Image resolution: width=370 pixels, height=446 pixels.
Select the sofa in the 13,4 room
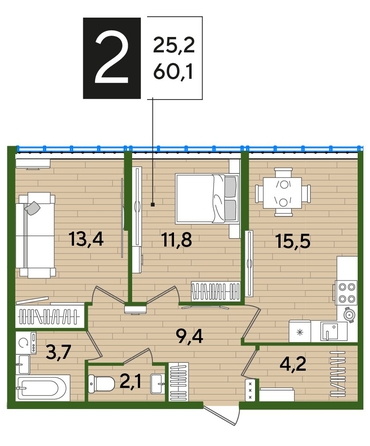point(35,229)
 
